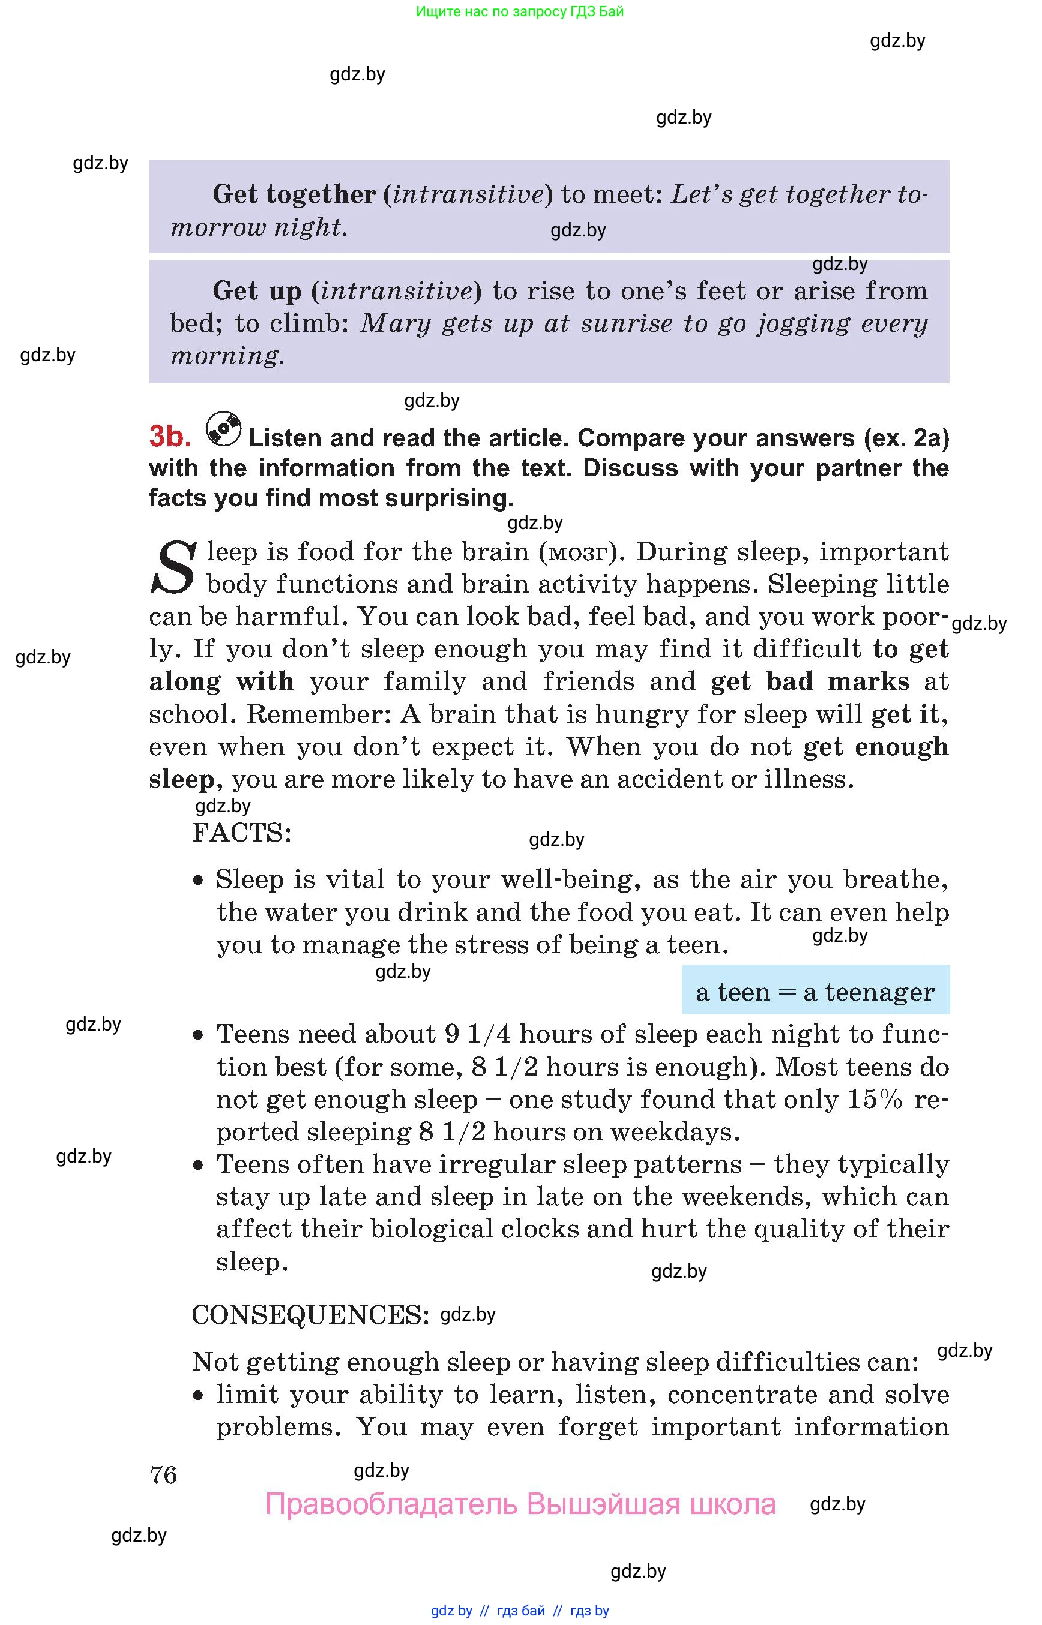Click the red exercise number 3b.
click(x=169, y=437)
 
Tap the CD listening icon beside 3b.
click(x=223, y=429)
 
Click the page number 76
click(x=164, y=1475)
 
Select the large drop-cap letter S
click(x=174, y=568)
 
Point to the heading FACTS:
click(x=241, y=833)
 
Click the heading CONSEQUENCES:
click(x=310, y=1315)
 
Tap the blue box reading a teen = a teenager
click(x=815, y=992)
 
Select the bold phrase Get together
click(x=294, y=195)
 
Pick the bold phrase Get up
click(x=257, y=292)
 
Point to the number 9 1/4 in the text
click(x=478, y=1034)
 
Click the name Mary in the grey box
click(x=395, y=323)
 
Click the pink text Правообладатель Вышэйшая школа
click(x=520, y=1504)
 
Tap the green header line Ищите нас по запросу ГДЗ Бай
click(x=520, y=11)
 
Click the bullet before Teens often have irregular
click(x=197, y=1165)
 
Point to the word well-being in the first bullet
click(x=571, y=879)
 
